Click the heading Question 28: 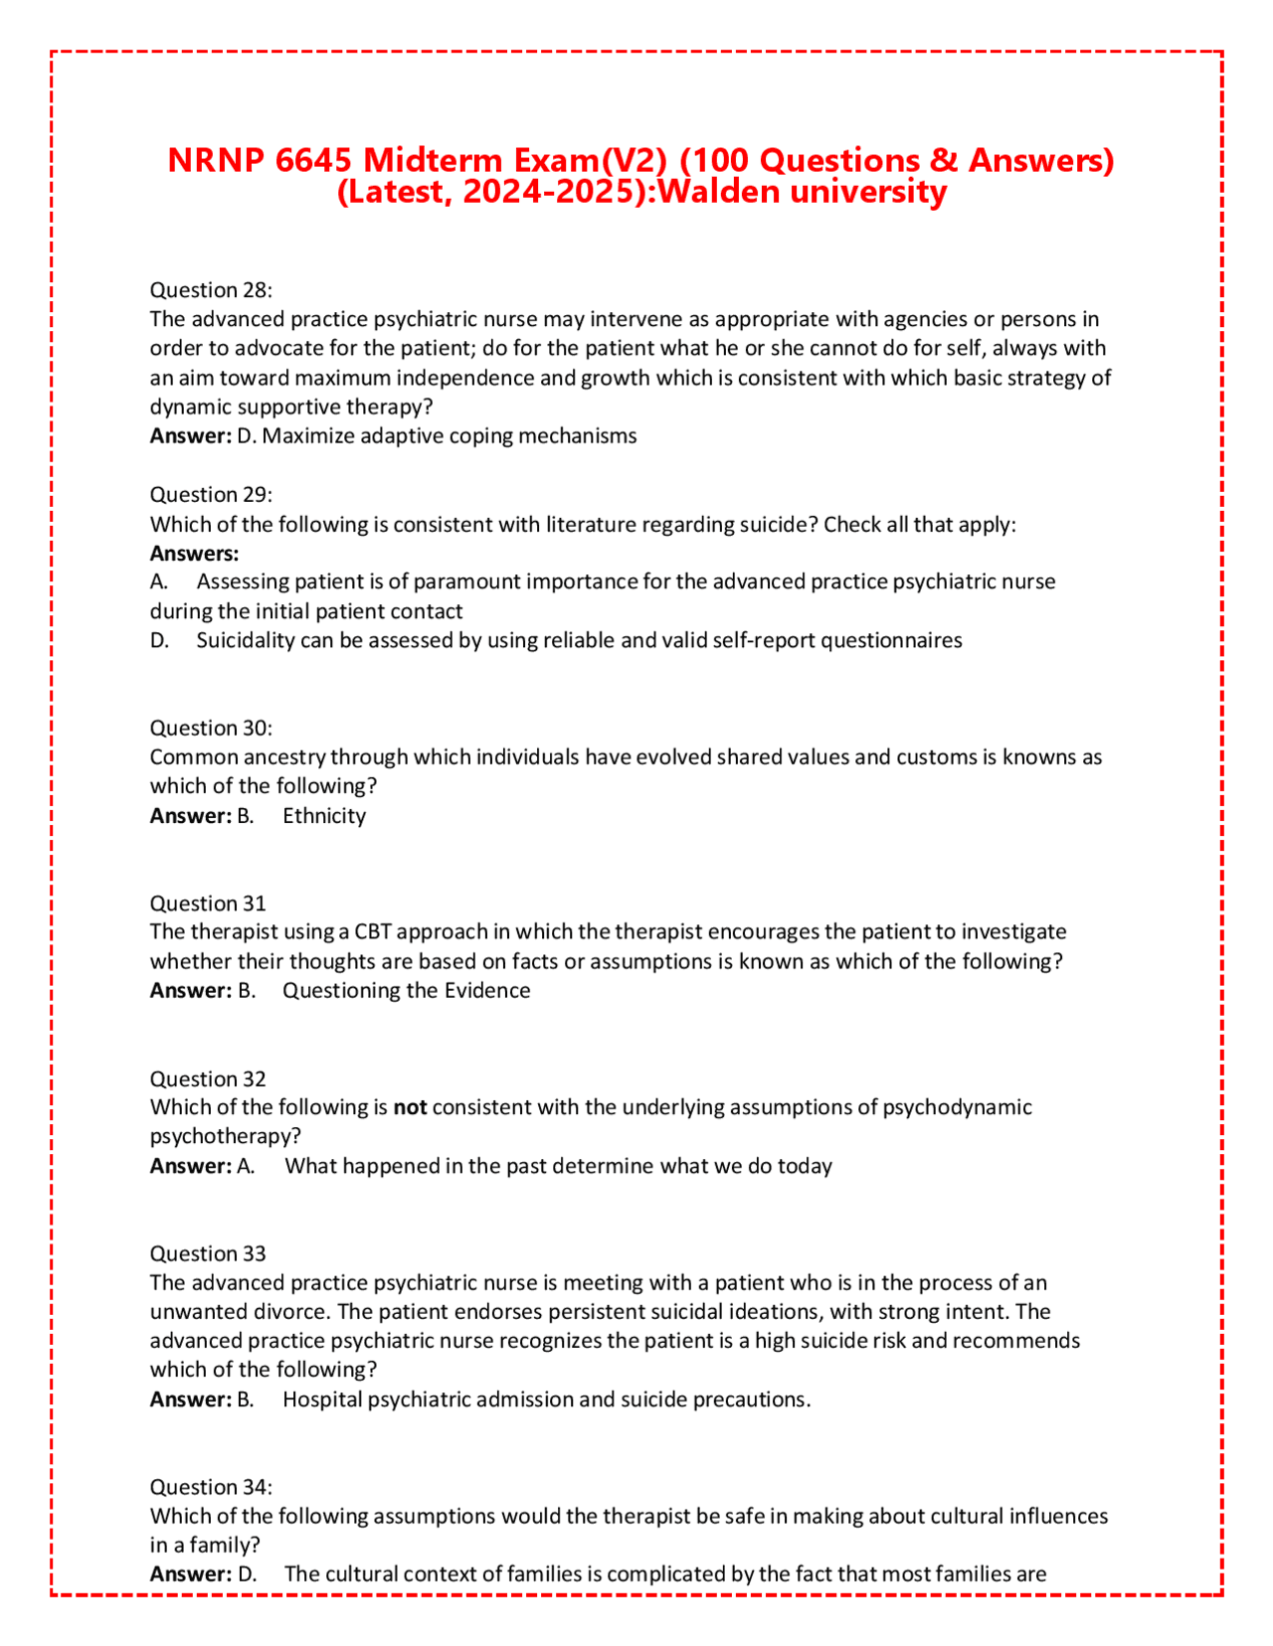211,290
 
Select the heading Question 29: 211,495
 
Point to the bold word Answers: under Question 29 194,554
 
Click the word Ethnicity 324,816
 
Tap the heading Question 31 208,904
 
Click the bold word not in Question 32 410,1107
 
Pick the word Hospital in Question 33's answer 322,1399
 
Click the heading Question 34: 211,1487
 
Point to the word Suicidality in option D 246,641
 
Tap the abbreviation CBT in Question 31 375,932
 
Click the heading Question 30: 211,729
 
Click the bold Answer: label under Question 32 191,1166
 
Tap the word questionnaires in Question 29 891,641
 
